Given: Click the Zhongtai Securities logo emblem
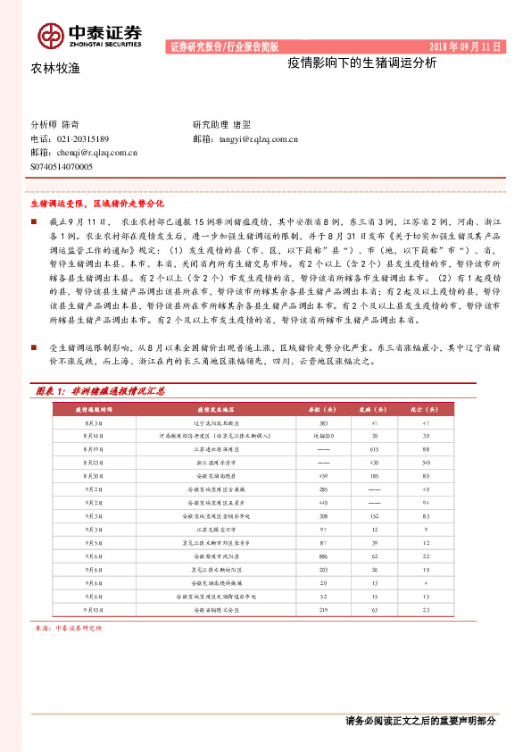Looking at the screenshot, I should pyautogui.click(x=50, y=35).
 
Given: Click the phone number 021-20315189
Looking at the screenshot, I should pyautogui.click(x=82, y=139).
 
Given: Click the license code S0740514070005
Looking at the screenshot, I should pyautogui.click(x=62, y=166).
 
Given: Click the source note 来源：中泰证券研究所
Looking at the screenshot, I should pyautogui.click(x=68, y=629).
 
